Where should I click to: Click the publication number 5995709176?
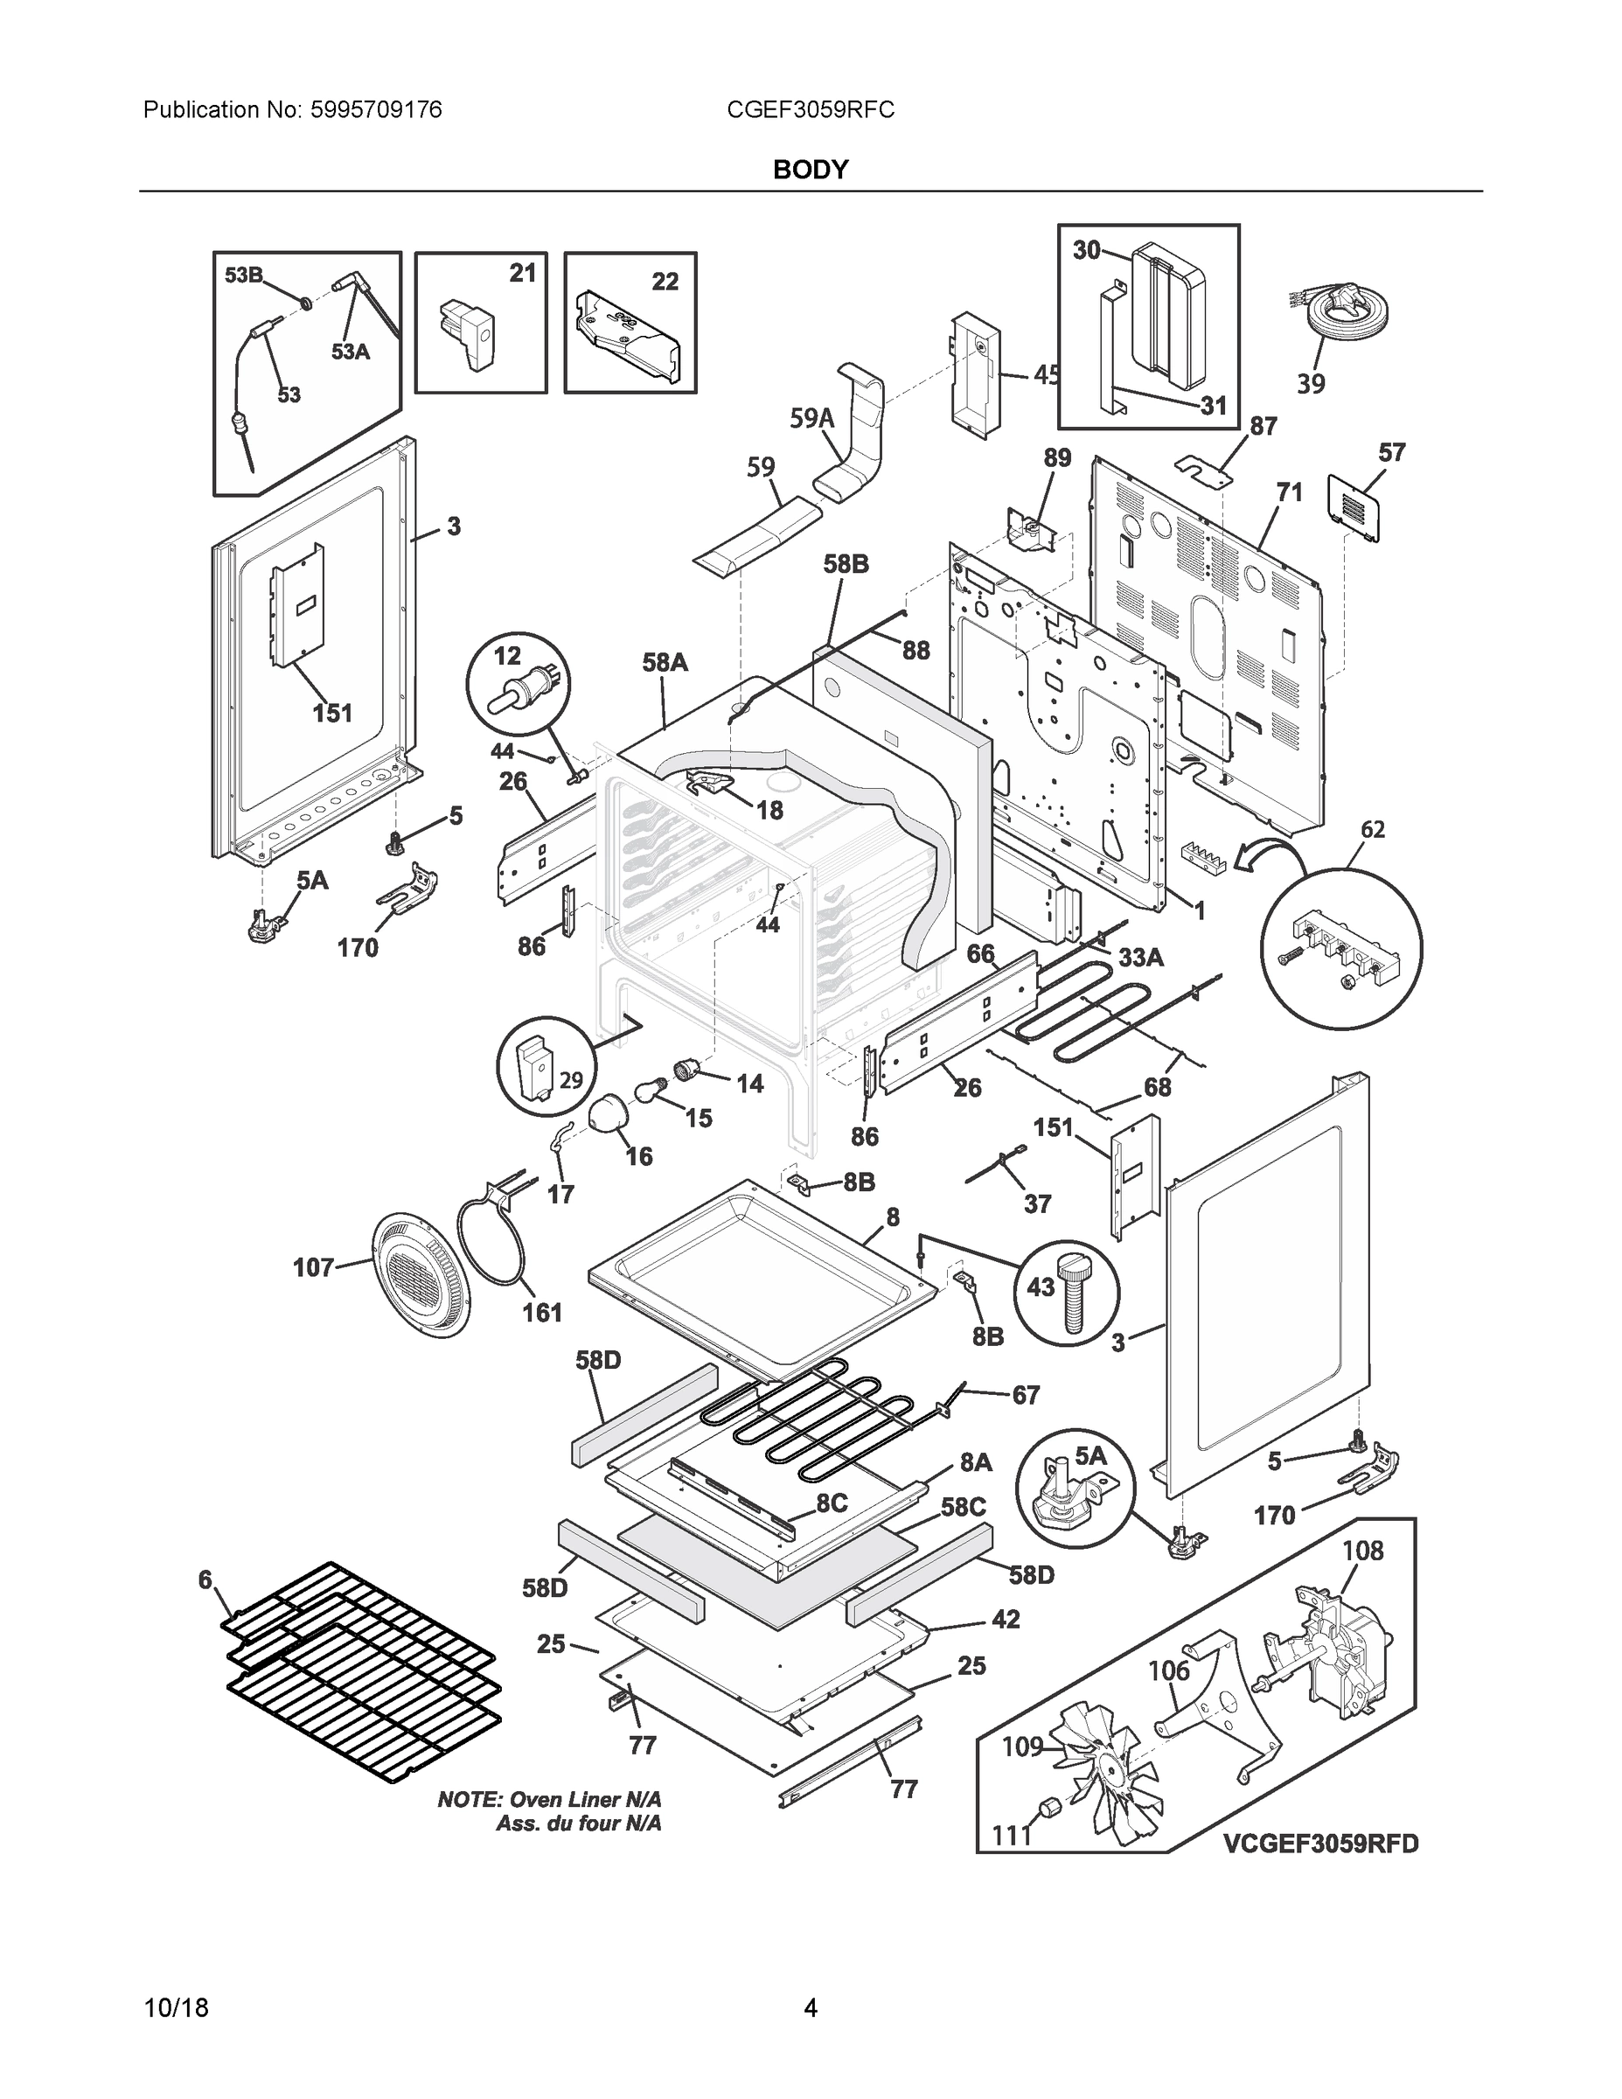coord(376,110)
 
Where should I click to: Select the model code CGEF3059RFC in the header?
coord(810,110)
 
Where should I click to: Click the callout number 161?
coord(542,1312)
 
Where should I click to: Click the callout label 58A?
coord(665,661)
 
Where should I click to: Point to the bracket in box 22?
coord(628,338)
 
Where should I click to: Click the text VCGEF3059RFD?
coord(1320,1844)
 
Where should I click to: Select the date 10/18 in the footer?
coord(176,2008)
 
